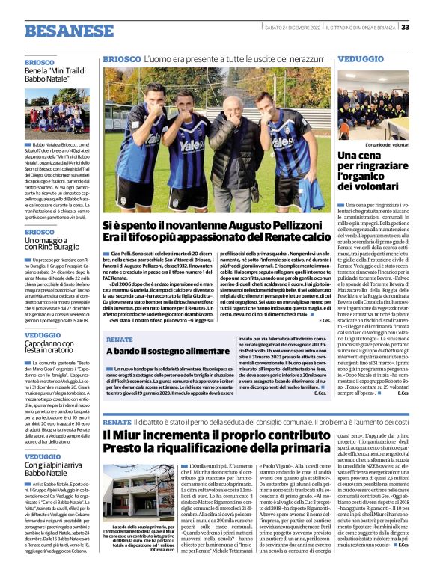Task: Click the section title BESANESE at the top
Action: coord(70,31)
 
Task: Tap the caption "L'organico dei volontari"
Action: coord(387,144)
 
